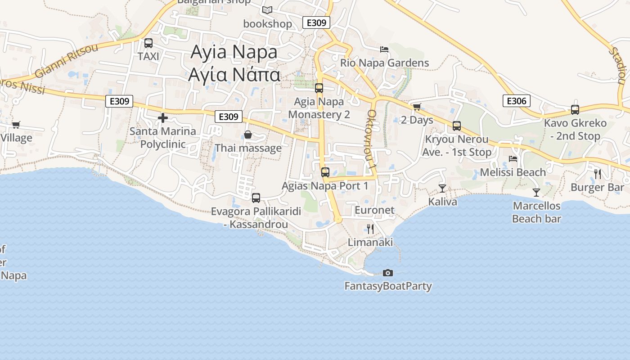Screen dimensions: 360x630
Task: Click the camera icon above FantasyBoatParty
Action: (x=387, y=273)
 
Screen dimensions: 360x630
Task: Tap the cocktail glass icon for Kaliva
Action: (x=442, y=188)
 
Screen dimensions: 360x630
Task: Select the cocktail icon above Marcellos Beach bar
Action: (x=536, y=193)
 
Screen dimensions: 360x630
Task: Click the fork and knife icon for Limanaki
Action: (x=370, y=229)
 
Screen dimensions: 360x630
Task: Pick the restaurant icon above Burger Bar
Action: (x=598, y=174)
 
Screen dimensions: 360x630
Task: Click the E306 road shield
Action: (x=516, y=101)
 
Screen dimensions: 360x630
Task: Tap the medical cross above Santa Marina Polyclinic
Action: (x=163, y=118)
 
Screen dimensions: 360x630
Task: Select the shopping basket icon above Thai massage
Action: (x=247, y=135)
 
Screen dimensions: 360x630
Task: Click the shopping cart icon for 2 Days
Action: (x=417, y=107)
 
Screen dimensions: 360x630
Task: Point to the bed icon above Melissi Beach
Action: (x=513, y=158)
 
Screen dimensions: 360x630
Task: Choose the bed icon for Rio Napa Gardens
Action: (x=384, y=49)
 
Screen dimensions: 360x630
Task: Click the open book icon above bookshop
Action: (x=267, y=10)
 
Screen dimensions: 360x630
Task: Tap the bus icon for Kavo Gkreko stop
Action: (x=575, y=109)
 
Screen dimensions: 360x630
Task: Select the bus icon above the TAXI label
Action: (x=148, y=43)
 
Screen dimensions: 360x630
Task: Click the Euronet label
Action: (x=374, y=210)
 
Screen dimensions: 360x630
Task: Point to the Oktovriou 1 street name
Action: (x=372, y=139)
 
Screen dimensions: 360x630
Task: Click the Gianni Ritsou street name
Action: (x=66, y=60)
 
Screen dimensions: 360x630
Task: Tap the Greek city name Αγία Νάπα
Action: (x=234, y=74)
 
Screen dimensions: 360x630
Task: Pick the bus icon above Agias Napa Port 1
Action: (x=325, y=172)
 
